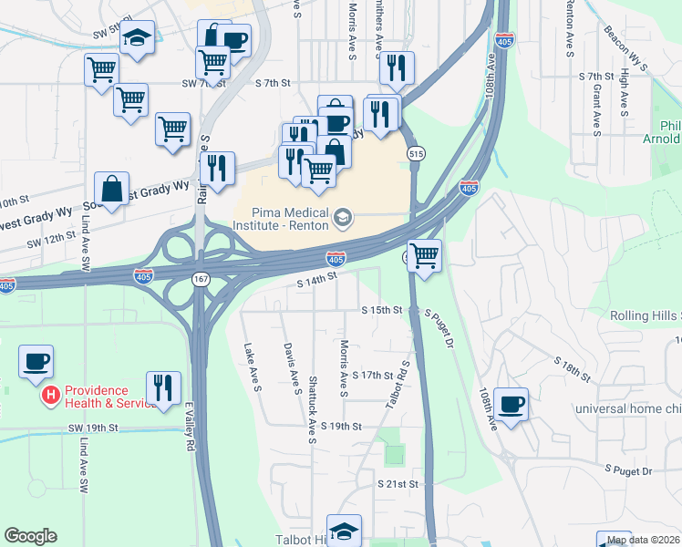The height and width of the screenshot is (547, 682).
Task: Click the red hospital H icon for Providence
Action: pos(52,396)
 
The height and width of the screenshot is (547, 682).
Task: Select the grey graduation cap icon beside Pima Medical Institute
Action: pos(343,216)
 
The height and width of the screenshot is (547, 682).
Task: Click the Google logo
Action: pos(30,536)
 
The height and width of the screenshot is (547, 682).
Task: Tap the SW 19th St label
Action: pos(94,427)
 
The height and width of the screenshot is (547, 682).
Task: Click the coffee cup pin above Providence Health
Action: pos(36,362)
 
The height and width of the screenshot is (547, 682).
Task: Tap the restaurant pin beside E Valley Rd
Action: pos(163,387)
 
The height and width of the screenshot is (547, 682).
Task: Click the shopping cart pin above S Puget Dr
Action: pos(424,254)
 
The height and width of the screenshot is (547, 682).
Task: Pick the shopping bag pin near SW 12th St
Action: pos(111,190)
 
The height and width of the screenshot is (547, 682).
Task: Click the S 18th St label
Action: pos(573,369)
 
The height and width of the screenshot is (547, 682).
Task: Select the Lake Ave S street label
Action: pos(253,368)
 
